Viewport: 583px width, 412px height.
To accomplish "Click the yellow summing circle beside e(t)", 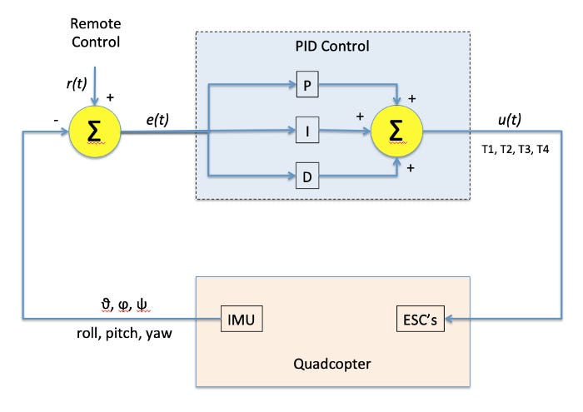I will pos(94,130).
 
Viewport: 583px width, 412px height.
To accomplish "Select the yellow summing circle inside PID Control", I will pos(398,131).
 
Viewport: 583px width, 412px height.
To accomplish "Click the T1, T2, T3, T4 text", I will pos(515,149).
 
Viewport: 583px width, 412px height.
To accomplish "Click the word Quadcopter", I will pos(333,362).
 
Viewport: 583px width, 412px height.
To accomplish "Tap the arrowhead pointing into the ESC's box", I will pos(452,318).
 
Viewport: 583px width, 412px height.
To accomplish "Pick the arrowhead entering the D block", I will pos(292,175).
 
